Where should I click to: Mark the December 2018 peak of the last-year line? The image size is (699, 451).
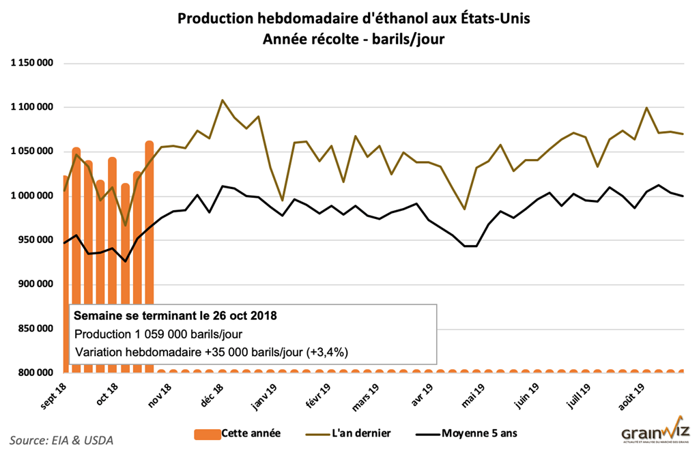[x=223, y=100]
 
